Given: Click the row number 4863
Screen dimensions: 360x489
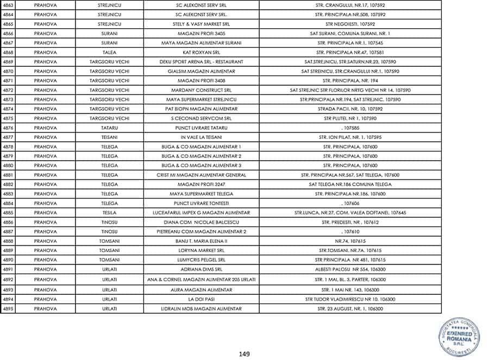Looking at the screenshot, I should tap(8, 5).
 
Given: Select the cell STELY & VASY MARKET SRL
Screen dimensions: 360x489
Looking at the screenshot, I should tap(201, 24).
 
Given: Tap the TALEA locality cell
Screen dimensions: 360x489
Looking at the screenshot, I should tap(109, 52).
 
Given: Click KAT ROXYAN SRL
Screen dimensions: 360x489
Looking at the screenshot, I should tap(201, 52).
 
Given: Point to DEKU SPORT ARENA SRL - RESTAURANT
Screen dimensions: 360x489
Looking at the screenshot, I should tap(201, 62).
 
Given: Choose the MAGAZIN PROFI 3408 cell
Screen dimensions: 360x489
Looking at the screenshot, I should tap(201, 80).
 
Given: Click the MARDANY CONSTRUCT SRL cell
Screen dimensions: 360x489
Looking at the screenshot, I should tap(201, 90).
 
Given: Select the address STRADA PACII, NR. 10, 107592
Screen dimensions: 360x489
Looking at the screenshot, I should tap(350, 109).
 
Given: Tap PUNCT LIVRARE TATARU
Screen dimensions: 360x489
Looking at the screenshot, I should tap(201, 128).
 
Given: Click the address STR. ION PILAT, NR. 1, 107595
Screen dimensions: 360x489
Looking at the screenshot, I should tap(350, 137).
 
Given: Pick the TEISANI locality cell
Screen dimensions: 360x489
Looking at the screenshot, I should tap(109, 137).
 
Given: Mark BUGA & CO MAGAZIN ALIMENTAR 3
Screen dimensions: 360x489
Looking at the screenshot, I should tap(201, 165).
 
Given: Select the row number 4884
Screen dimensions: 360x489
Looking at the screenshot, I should tap(8, 203).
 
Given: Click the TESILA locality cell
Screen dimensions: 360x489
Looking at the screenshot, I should tap(109, 212).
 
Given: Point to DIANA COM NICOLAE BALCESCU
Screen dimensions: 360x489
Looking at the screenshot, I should tap(201, 222).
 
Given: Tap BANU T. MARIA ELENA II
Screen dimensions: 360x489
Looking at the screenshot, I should tap(201, 241).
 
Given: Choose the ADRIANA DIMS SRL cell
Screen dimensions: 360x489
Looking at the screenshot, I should tap(201, 269).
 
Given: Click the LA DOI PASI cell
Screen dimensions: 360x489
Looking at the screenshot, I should tap(201, 299).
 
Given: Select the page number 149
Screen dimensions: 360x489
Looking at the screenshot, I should tap(244, 354).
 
